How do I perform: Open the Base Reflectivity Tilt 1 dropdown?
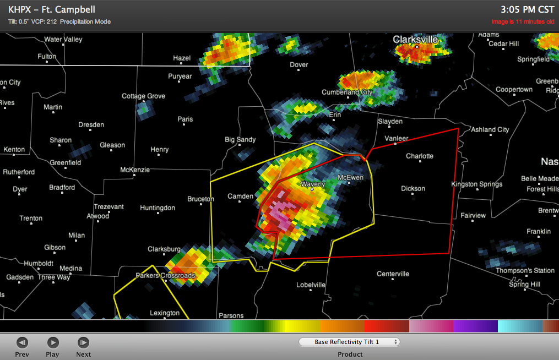pos(349,342)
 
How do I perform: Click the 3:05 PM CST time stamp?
pos(527,9)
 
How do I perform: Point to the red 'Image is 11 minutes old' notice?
pos(523,22)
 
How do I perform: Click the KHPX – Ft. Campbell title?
pos(52,9)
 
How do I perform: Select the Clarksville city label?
pos(415,40)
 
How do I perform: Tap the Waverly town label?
pos(312,184)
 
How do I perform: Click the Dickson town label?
pos(413,189)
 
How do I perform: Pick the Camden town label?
pos(241,197)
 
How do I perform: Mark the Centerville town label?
pos(393,274)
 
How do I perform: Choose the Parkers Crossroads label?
pos(165,275)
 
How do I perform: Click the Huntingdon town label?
pos(158,208)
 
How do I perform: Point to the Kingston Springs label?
pos(476,184)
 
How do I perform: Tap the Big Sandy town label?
pos(240,140)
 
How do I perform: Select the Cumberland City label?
pos(347,92)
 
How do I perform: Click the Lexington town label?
pos(165,313)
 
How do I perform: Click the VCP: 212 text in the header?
pos(44,21)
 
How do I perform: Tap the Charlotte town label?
pos(420,156)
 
